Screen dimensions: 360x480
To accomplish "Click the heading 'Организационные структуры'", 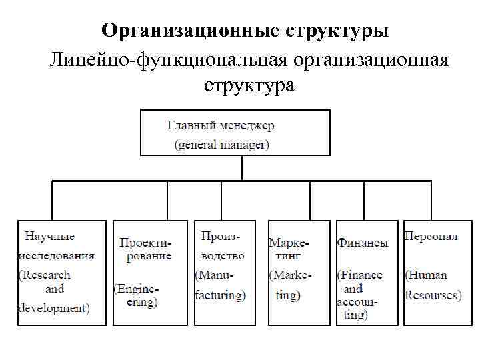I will point(245,31).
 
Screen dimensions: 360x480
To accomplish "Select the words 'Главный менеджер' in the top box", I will point(220,125).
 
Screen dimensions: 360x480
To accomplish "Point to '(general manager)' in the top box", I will point(221,144).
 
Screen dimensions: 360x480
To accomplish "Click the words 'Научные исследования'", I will point(55,245).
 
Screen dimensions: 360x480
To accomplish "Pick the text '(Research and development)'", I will point(54,291).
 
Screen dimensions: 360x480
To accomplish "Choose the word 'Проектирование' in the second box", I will point(145,249).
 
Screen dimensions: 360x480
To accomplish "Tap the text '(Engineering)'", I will point(137,295).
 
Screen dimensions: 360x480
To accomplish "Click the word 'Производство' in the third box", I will point(221,245).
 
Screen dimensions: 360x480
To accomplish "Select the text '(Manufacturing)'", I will point(220,285).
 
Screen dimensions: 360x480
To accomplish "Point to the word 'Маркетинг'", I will point(289,248).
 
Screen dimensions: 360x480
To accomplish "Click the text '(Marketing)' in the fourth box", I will point(290,285).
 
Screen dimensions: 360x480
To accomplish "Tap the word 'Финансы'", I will point(363,243).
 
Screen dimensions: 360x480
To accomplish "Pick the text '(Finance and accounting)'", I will point(360,295).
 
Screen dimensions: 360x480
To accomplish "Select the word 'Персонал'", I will point(430,236).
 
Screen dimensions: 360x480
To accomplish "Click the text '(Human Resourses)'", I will point(431,285).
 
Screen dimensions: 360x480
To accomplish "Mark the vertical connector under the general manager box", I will point(242,168).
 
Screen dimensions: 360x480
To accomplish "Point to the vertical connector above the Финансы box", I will point(364,201).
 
